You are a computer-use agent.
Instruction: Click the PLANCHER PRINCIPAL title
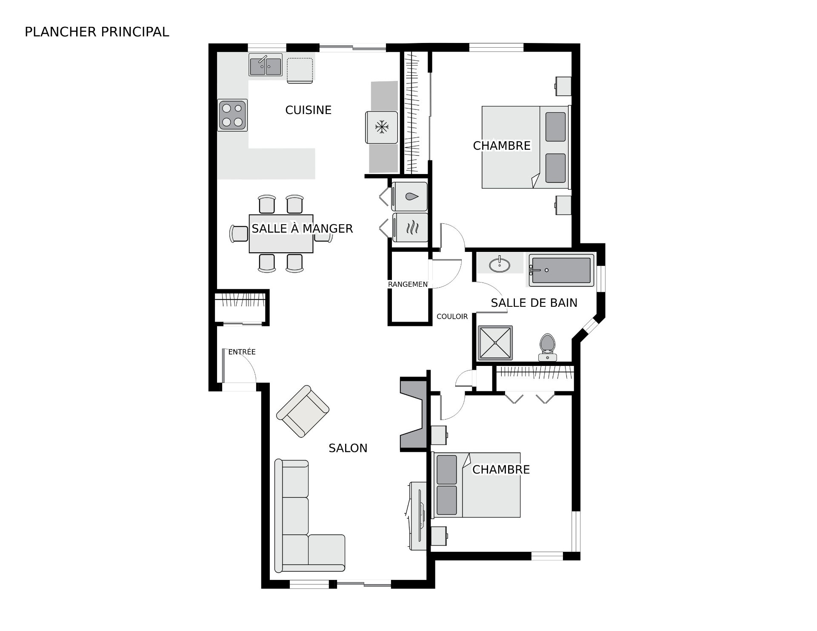(x=97, y=32)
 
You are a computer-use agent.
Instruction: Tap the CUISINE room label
(x=308, y=110)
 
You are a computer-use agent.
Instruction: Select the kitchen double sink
(x=266, y=65)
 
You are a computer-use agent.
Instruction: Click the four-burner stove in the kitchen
(x=232, y=115)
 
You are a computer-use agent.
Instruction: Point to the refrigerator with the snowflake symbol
(x=382, y=127)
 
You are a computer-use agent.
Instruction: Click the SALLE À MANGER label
(x=302, y=229)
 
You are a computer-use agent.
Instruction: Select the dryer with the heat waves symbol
(x=410, y=227)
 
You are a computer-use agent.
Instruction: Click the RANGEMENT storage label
(x=408, y=284)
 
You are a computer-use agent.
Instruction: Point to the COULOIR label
(x=452, y=317)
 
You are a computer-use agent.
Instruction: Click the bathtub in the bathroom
(x=561, y=270)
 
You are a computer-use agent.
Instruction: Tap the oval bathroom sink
(x=500, y=265)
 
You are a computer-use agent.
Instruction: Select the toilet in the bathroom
(x=547, y=348)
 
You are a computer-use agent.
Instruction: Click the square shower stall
(x=495, y=343)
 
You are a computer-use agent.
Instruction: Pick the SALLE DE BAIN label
(x=534, y=303)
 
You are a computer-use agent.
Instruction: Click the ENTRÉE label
(x=242, y=352)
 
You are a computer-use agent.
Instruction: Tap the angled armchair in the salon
(x=303, y=411)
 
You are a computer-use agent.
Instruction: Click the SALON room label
(x=348, y=448)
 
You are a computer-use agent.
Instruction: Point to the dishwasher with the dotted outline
(x=300, y=71)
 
